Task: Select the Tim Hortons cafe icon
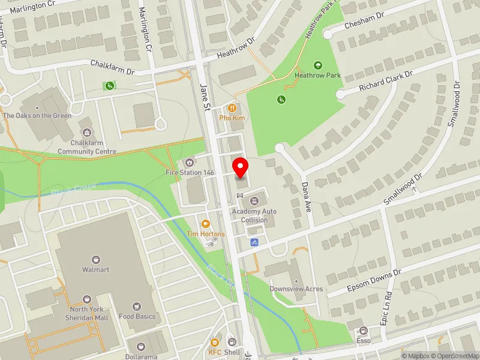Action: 206,223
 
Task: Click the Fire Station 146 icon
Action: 190,162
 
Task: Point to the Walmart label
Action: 95,270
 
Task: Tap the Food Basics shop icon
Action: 137,306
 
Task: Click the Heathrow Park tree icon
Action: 317,65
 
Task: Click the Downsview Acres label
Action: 296,289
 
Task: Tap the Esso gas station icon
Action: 362,331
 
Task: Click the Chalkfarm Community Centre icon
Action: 87,131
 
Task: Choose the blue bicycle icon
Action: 254,242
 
